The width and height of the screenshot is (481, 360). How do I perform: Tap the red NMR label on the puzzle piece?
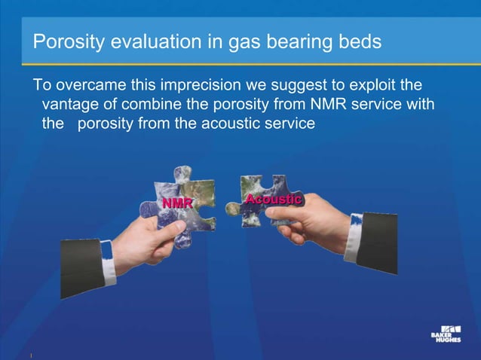177,204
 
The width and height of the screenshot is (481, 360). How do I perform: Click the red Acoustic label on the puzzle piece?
273,200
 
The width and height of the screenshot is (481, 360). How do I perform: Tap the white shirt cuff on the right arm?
354,237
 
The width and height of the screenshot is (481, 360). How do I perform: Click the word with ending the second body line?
419,103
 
